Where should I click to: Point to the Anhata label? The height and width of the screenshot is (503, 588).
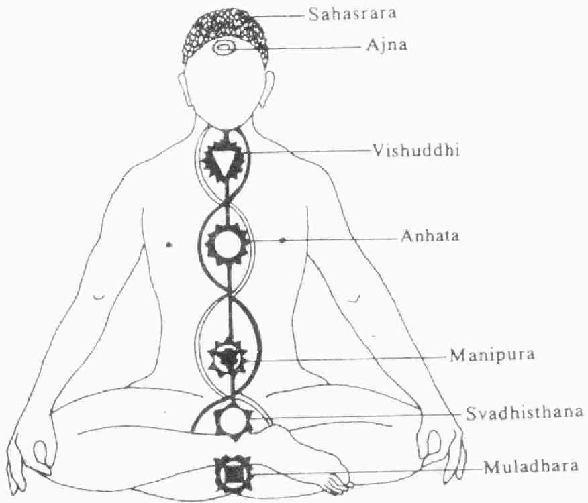click(x=427, y=237)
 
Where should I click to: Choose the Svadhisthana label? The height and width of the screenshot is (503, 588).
click(x=524, y=411)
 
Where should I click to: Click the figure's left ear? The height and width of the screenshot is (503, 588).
click(x=269, y=87)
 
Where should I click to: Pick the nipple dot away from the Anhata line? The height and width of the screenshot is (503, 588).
click(x=168, y=245)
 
